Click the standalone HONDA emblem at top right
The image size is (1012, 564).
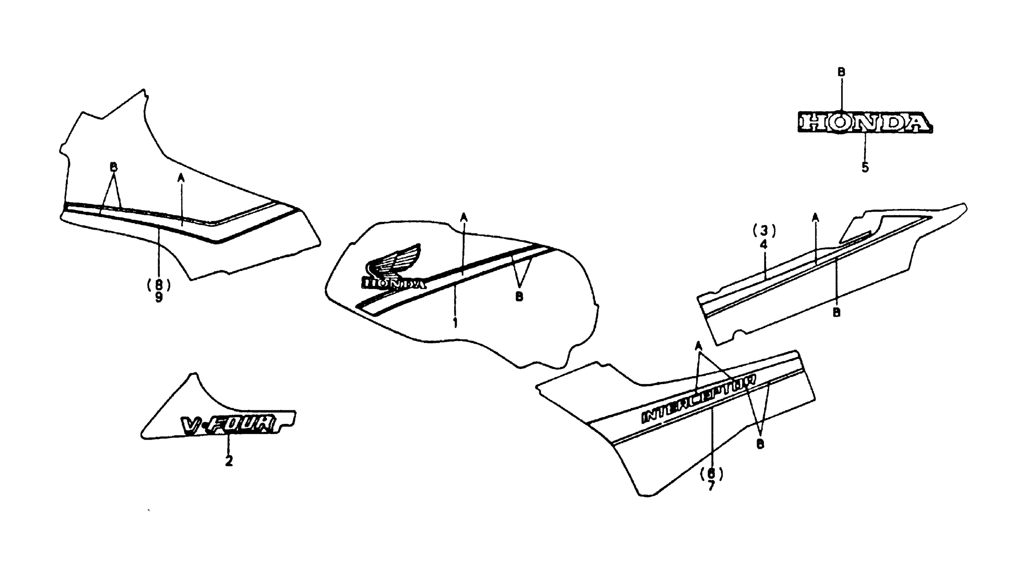click(864, 122)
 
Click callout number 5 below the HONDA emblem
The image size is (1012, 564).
click(865, 167)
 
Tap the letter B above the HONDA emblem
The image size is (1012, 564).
click(841, 72)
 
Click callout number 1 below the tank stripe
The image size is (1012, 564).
click(455, 323)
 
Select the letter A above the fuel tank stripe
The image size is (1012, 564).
click(464, 216)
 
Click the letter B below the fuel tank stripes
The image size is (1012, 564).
click(519, 296)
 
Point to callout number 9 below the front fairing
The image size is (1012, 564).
click(158, 297)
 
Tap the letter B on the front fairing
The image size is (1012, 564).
click(113, 167)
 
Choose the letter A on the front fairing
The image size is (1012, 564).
click(181, 178)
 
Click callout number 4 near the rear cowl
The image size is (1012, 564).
click(764, 244)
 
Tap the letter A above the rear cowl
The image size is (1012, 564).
click(815, 216)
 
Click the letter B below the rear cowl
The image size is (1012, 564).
click(837, 312)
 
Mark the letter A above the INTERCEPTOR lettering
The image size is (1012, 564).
click(698, 345)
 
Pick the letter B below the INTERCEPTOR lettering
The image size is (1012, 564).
click(760, 444)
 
